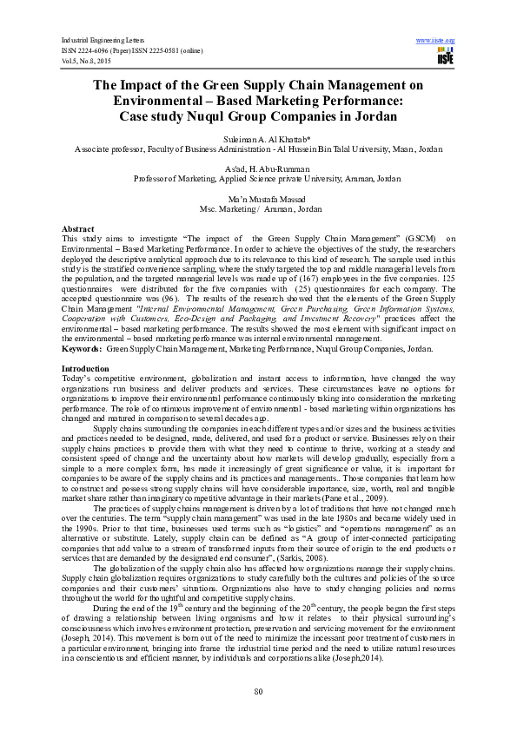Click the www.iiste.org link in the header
[x=436, y=41]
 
